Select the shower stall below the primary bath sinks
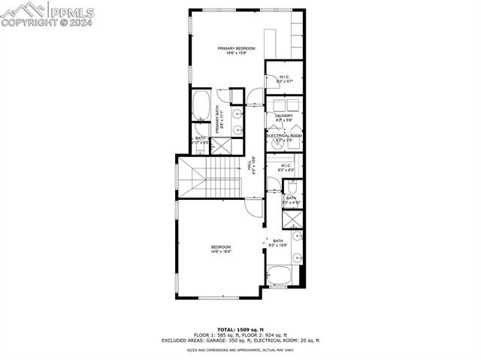click(x=237, y=147)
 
